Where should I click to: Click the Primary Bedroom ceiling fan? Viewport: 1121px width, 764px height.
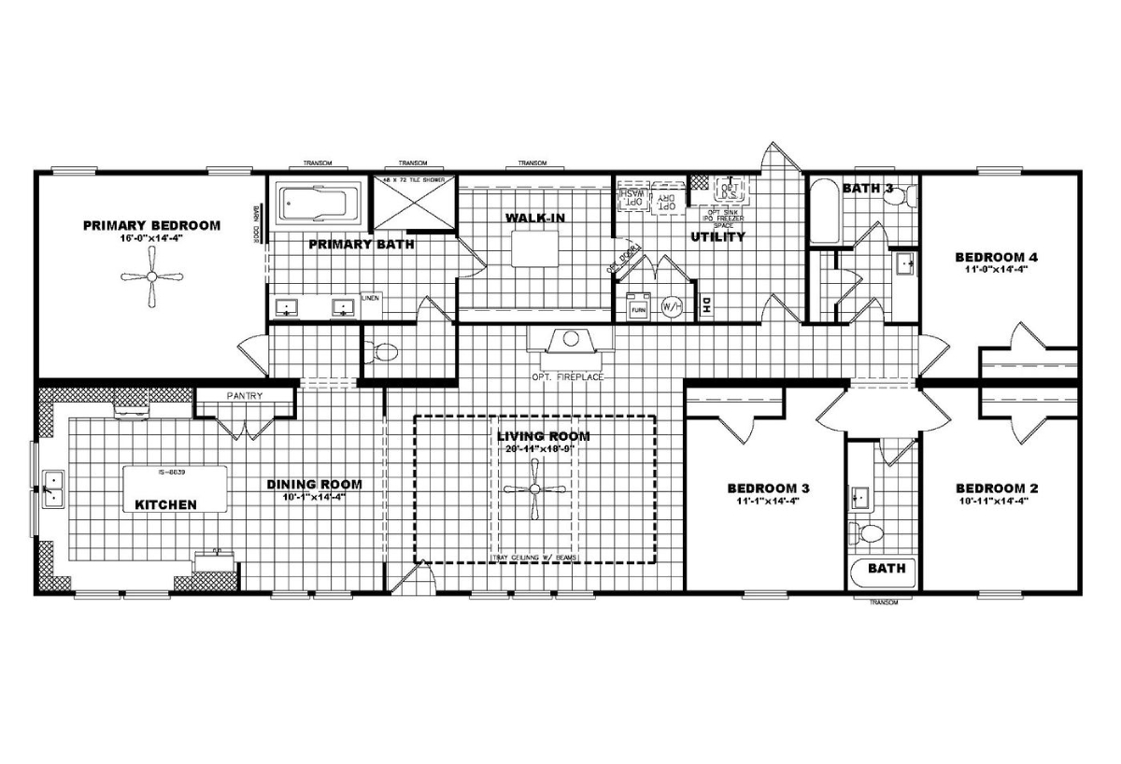pos(151,276)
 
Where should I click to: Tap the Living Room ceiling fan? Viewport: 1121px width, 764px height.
pos(534,490)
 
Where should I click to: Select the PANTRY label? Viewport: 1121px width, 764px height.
pos(245,396)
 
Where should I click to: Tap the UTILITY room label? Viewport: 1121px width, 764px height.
pos(717,237)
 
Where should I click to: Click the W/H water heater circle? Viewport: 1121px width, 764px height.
pos(672,306)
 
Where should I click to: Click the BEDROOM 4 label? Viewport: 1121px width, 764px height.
pos(997,257)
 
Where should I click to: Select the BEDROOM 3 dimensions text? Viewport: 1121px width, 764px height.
pos(768,502)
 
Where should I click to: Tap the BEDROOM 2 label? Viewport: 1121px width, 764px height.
pos(997,488)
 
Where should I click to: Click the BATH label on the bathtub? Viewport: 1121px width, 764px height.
pos(886,568)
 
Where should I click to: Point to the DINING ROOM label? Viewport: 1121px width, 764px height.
pos(314,485)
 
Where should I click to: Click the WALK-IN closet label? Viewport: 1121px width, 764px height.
pos(535,218)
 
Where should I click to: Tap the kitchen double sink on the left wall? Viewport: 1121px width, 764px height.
pos(53,488)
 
